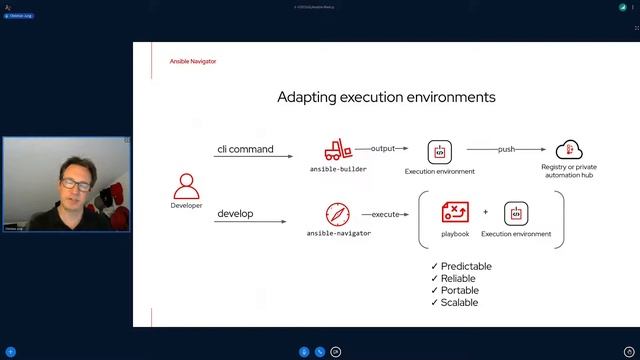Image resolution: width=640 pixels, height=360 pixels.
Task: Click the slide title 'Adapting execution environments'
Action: point(386,97)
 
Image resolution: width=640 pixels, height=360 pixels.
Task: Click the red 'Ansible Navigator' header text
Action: point(192,61)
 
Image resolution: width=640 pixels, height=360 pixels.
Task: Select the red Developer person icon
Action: point(187,185)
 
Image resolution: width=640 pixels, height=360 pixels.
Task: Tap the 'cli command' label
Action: point(245,149)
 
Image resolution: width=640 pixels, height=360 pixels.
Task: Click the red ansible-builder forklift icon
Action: point(338,151)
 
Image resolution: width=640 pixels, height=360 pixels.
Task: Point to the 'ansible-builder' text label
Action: point(338,170)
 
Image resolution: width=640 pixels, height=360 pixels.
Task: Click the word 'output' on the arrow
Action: point(384,148)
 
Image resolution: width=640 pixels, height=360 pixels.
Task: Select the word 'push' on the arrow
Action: point(507,149)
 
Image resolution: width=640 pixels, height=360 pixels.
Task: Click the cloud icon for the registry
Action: point(569,150)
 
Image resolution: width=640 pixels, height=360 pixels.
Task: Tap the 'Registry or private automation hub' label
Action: point(569,171)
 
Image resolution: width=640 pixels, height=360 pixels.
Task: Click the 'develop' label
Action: point(236,213)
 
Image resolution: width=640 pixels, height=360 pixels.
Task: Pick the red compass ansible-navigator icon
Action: point(338,214)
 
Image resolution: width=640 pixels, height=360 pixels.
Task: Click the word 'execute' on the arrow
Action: point(386,214)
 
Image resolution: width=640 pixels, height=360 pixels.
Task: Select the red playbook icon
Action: point(455,213)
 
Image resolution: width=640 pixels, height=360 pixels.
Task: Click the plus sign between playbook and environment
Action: point(486,212)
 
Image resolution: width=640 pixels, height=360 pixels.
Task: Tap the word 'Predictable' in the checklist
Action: point(466,266)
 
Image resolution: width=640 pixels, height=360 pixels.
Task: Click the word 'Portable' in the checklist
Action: point(460,290)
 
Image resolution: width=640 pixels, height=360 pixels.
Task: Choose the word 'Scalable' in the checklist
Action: point(459,302)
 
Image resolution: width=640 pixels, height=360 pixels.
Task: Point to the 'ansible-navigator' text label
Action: point(339,233)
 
